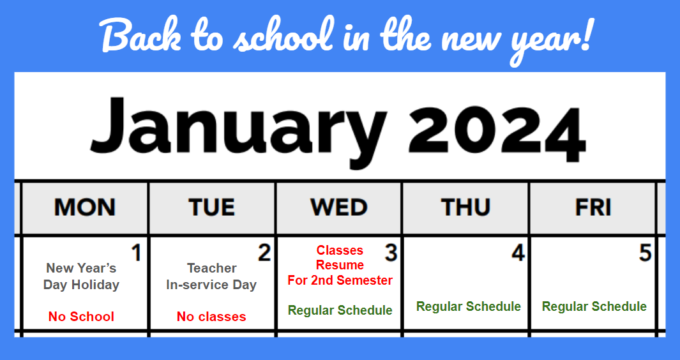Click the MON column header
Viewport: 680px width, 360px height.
coord(84,207)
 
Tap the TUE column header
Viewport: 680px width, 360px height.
coord(211,207)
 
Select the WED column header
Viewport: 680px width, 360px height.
coord(338,207)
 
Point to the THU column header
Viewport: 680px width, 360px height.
coord(465,207)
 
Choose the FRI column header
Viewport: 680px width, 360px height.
coord(593,207)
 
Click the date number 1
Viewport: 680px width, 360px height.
coord(137,253)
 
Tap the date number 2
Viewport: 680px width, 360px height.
coord(264,253)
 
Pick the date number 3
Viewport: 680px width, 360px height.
coord(391,253)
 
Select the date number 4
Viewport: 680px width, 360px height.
coord(518,253)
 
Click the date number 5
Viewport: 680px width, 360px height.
coord(646,253)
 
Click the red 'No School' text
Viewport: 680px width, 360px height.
coord(81,317)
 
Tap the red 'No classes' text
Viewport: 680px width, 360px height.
coord(211,317)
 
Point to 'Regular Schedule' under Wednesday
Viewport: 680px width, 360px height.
coord(340,310)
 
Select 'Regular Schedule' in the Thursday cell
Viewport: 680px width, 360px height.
coord(469,306)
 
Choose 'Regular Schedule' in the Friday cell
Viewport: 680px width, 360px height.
coord(594,306)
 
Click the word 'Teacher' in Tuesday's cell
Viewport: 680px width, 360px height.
coord(211,268)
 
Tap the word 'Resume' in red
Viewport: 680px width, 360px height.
coord(340,265)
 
